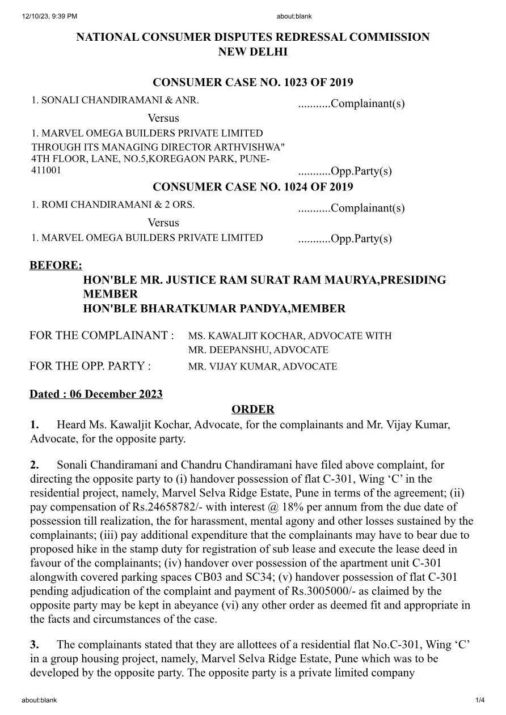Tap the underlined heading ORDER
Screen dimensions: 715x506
click(253, 409)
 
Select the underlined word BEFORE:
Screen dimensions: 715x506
click(56, 265)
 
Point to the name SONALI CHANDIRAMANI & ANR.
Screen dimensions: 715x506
click(115, 100)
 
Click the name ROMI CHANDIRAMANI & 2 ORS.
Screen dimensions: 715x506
click(113, 205)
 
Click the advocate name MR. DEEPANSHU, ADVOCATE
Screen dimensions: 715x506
click(258, 350)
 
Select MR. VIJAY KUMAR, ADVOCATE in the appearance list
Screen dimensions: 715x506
click(263, 367)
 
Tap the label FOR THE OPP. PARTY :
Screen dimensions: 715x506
click(90, 366)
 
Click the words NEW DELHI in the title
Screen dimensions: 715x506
click(253, 52)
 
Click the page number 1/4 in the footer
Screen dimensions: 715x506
click(480, 700)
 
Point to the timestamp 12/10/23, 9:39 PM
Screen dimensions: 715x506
click(50, 16)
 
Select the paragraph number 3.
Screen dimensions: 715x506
click(35, 644)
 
